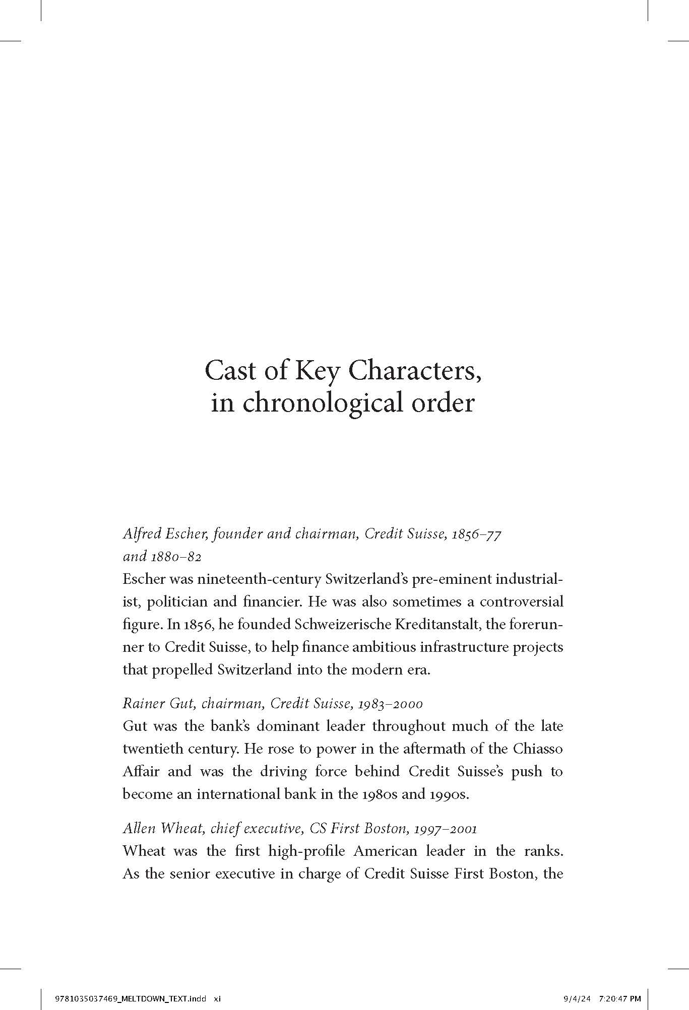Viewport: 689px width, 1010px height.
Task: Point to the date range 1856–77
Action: (476, 534)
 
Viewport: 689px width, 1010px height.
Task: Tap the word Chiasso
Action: (538, 749)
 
